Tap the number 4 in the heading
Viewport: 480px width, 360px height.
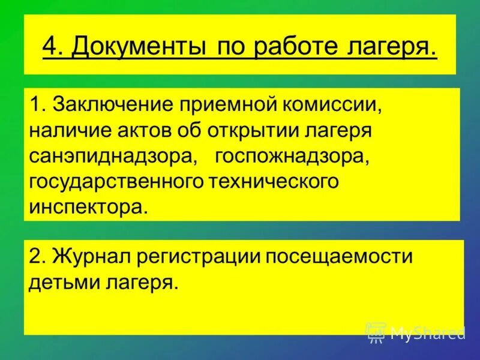pyautogui.click(x=51, y=46)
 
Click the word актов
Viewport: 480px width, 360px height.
pyautogui.click(x=151, y=131)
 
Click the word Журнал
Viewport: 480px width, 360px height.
pyautogui.click(x=91, y=256)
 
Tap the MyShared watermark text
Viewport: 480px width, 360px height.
pyautogui.click(x=427, y=332)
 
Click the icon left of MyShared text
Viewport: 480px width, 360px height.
pyautogui.click(x=376, y=332)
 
